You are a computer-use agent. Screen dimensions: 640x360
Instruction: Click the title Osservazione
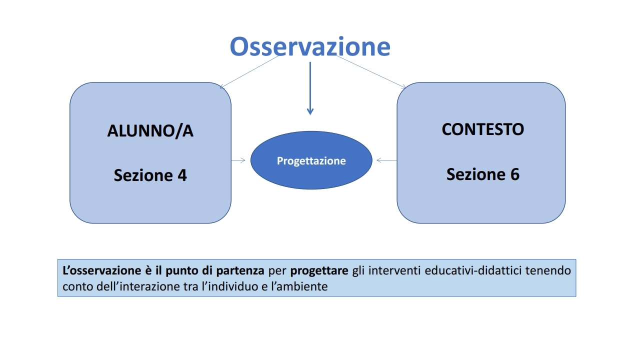click(310, 46)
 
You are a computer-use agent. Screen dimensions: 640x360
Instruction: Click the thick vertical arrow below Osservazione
click(310, 88)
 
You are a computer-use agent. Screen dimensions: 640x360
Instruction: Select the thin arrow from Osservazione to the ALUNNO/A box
click(249, 72)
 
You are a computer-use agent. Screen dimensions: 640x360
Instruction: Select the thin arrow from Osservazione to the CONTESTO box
click(371, 71)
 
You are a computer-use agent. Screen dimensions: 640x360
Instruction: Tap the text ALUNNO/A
click(150, 131)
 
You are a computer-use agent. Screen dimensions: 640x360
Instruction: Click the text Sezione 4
click(150, 175)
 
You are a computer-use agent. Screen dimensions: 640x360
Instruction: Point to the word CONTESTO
click(483, 129)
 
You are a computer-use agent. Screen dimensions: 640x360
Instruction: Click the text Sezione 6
click(483, 174)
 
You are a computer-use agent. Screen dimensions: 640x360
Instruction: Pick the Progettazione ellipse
click(311, 160)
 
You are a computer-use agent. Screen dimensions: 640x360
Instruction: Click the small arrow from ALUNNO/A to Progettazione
click(238, 160)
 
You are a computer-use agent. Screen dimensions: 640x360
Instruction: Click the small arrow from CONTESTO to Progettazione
click(387, 160)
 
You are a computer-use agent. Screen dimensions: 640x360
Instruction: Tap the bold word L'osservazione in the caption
click(101, 270)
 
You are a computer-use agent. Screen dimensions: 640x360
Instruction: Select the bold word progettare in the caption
click(319, 271)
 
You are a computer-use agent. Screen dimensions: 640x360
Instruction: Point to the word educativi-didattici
click(473, 270)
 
